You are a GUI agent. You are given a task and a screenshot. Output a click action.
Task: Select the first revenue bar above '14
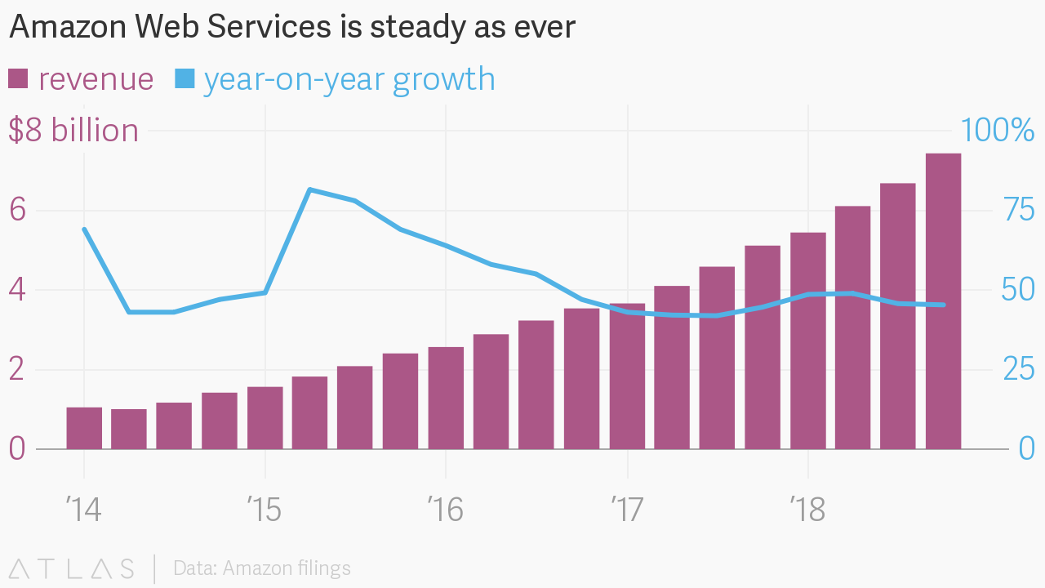[84, 428]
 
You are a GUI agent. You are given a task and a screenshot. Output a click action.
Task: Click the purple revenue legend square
[18, 78]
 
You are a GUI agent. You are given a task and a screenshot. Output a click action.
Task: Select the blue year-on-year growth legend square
[185, 78]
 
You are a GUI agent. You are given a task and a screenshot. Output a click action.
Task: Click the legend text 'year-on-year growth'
[349, 79]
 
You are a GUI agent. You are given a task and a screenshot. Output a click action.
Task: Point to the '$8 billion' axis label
[73, 131]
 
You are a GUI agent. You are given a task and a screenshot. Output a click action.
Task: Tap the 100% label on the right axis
[997, 131]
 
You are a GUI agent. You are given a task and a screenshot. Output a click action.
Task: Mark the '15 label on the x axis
[265, 510]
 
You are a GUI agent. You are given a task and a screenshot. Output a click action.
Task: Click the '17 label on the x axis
[626, 510]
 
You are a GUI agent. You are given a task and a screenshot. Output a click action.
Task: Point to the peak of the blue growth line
[310, 189]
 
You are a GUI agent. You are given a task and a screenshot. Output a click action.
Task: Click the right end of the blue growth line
[944, 305]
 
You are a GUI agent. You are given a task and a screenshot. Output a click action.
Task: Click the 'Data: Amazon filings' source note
[262, 568]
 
